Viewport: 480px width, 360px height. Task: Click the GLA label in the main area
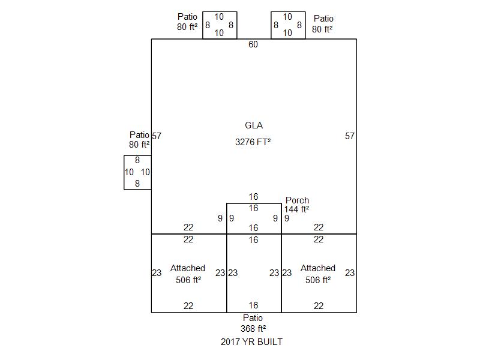[254, 125]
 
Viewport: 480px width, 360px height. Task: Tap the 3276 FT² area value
[253, 142]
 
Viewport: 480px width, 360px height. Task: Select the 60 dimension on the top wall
[253, 44]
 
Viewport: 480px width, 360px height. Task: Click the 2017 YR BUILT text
[251, 342]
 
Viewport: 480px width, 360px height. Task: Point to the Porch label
[297, 200]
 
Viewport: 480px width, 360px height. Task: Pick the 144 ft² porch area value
[296, 209]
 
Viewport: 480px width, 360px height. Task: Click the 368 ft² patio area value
[253, 329]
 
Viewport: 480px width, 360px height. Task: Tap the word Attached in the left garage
[188, 268]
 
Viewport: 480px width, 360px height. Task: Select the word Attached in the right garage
[318, 268]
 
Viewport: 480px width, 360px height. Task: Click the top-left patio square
[220, 25]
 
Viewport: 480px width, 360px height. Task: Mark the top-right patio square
[288, 25]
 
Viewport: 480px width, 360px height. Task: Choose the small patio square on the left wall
[137, 172]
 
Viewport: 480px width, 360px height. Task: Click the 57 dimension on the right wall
[350, 136]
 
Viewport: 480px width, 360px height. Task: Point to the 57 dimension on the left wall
[157, 136]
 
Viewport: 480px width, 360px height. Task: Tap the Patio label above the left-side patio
[139, 135]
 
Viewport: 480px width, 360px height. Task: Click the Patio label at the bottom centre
[253, 318]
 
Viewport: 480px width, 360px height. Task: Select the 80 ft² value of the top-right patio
[322, 28]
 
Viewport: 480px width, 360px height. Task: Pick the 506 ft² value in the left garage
[188, 280]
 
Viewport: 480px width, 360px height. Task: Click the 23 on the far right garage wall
[350, 273]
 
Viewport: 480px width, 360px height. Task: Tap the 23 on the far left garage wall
[157, 273]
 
